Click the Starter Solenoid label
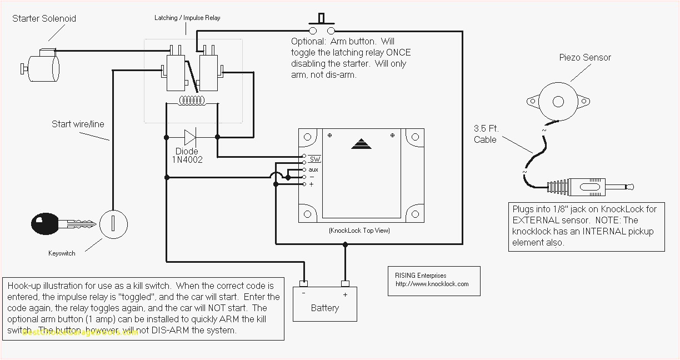44,18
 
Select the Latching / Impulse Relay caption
187,18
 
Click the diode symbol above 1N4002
191,136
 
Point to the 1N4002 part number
187,160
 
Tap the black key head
45,224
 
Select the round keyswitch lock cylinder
113,224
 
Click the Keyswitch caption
61,253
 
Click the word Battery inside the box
325,308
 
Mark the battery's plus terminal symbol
345,294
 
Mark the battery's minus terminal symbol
303,294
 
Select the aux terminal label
313,169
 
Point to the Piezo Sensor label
584,57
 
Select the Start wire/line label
78,124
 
